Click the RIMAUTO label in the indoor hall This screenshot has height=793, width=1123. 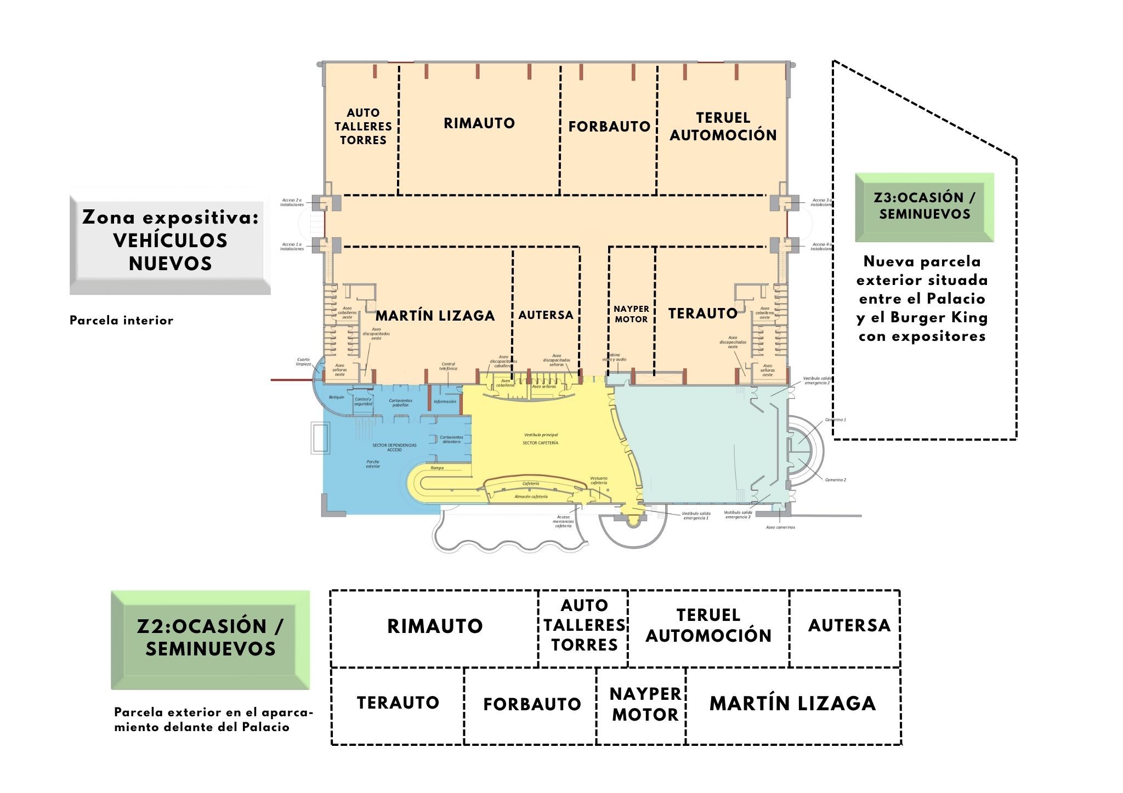[479, 123]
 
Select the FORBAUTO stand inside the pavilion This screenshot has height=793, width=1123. [609, 127]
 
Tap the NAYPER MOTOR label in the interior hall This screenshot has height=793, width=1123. [631, 315]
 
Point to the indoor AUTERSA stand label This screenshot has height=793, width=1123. [546, 315]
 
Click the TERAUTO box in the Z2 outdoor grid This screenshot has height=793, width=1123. [398, 703]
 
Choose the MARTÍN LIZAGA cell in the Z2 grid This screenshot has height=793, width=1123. [792, 704]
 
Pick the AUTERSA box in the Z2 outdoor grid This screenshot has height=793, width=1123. [849, 625]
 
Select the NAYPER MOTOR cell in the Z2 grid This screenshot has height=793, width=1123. [645, 704]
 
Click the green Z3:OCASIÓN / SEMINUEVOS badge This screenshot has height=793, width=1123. [925, 207]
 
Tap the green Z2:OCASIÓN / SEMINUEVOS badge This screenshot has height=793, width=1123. [210, 638]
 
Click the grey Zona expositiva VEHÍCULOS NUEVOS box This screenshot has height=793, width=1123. [170, 241]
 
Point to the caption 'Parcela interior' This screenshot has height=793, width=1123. [121, 321]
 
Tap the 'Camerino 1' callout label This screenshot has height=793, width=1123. [835, 420]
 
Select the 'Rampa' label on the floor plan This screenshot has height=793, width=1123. [437, 468]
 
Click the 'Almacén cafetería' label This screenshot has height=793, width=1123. [530, 497]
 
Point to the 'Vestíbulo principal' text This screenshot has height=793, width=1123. [541, 435]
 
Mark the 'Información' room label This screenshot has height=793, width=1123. [445, 402]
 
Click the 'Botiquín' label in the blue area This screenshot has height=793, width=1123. [336, 397]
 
